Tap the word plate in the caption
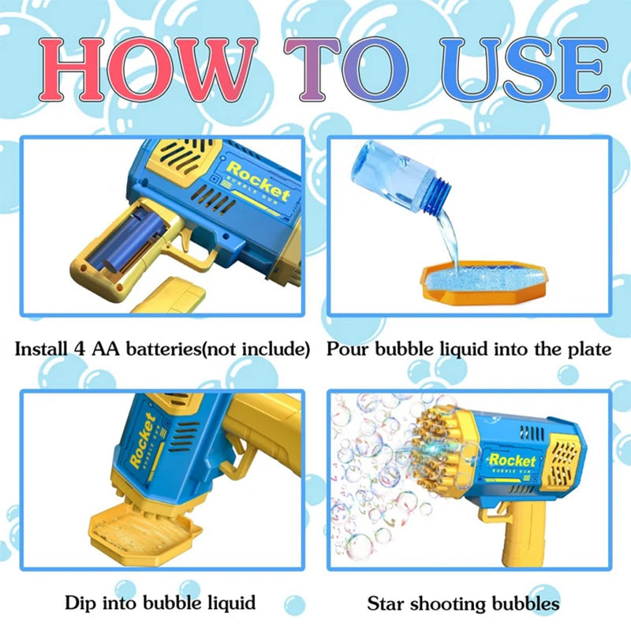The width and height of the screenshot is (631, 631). point(588,349)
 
